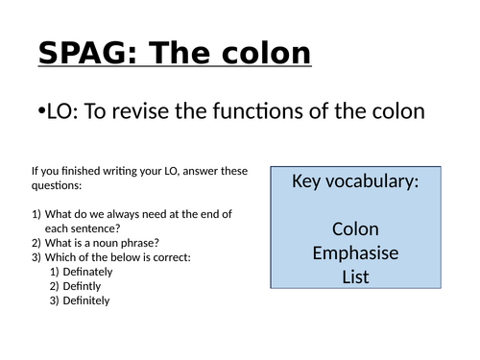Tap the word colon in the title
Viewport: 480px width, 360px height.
point(266,52)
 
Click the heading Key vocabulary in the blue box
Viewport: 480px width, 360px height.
point(354,180)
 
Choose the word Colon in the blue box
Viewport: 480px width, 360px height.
point(355,229)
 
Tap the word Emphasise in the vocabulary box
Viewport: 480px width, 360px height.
point(355,253)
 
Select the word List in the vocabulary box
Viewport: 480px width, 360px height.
point(355,277)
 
